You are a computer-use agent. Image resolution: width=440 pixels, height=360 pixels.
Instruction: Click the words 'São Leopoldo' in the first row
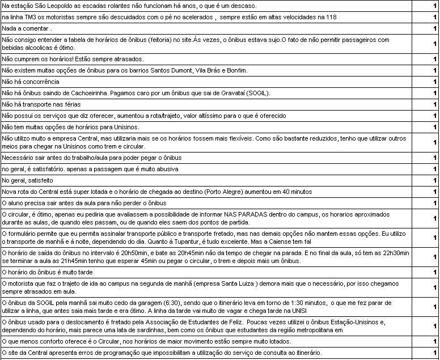click(x=55, y=6)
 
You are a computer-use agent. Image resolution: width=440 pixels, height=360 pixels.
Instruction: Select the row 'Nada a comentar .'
click(x=27, y=28)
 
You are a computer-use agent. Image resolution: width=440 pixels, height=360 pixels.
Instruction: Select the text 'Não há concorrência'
click(x=31, y=82)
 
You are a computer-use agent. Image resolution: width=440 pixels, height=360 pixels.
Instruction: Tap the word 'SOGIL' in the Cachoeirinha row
click(x=274, y=93)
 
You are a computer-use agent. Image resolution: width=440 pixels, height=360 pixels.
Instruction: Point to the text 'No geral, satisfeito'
click(x=29, y=180)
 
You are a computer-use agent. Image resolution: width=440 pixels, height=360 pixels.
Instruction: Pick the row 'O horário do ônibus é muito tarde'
click(x=48, y=272)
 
